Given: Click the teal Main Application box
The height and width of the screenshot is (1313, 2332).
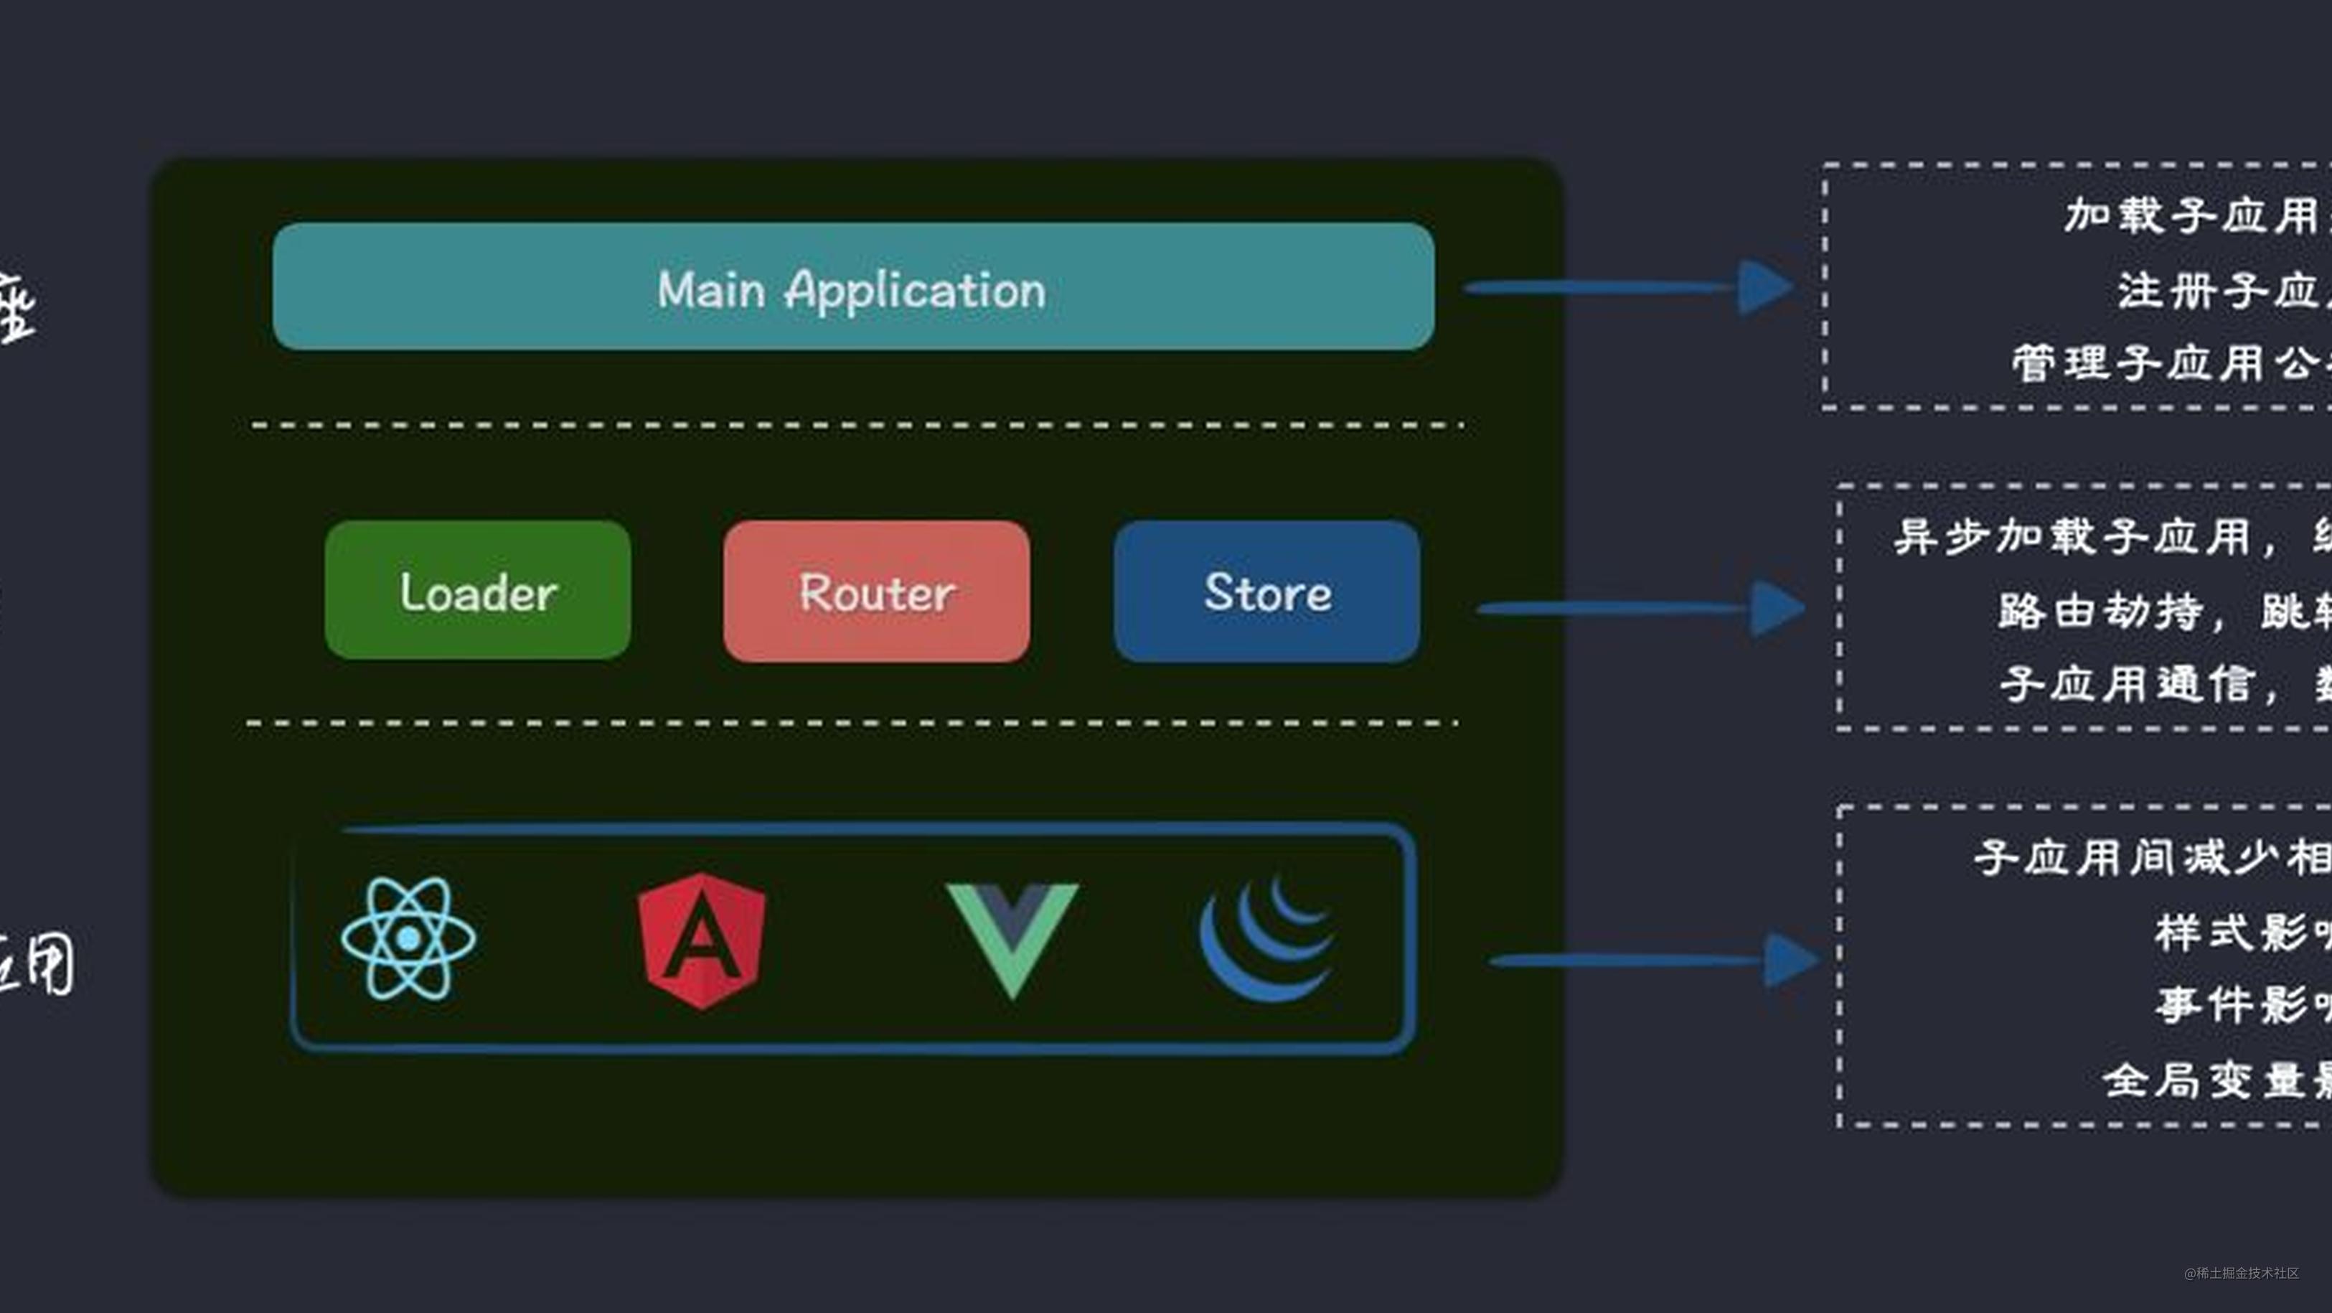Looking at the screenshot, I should (x=852, y=286).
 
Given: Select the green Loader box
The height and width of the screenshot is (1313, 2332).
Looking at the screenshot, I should (x=477, y=590).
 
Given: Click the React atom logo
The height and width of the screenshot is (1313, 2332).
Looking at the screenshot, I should (x=408, y=938).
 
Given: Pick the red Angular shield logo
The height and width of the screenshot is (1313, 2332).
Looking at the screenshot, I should (x=702, y=940).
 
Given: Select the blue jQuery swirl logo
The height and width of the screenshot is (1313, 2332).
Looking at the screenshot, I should (x=1267, y=938).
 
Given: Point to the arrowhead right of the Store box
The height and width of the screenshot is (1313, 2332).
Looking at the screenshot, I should (x=1776, y=609).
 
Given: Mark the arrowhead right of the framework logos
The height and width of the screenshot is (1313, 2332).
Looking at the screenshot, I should (x=1789, y=960).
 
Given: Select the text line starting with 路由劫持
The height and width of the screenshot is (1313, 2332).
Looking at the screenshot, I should (x=2163, y=611).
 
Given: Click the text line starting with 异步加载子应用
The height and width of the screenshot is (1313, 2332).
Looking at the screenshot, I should (x=2110, y=537).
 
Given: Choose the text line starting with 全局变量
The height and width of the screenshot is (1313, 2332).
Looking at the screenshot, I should (x=2214, y=1080).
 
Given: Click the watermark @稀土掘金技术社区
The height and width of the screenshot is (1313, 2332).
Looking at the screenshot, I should (x=2241, y=1273).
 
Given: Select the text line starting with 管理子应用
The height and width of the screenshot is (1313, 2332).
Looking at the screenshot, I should (x=2168, y=363).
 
